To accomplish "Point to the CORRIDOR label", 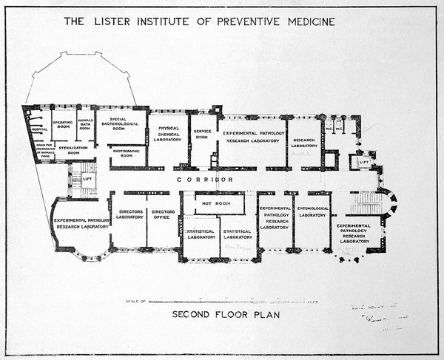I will [x=205, y=180].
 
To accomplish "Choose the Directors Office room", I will [x=163, y=215].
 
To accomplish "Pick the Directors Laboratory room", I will [x=129, y=215].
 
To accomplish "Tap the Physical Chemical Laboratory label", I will [x=167, y=135].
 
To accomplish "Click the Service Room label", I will [x=203, y=135].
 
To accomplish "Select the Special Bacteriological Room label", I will [x=122, y=123].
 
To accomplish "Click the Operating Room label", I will [x=63, y=124].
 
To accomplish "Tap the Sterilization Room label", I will [x=73, y=150].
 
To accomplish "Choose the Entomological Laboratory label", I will [x=312, y=212].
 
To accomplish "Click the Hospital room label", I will [x=39, y=129].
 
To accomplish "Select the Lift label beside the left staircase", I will [x=87, y=178].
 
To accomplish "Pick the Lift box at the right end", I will [x=363, y=160].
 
